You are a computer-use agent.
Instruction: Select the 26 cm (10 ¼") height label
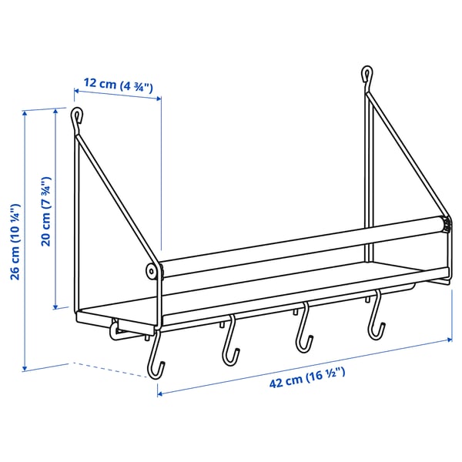(15, 243)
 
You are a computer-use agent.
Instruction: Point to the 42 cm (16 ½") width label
(306, 375)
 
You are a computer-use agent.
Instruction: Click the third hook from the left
(303, 332)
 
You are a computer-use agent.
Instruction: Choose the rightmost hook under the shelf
(376, 320)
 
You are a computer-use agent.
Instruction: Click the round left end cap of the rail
(152, 271)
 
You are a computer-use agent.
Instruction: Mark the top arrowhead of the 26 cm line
(28, 112)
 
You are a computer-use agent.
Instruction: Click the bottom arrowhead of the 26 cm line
(28, 368)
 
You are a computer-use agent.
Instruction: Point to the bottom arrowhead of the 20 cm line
(56, 307)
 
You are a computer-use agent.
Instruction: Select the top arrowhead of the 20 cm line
(56, 112)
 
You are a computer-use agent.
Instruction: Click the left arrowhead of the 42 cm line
(160, 393)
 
